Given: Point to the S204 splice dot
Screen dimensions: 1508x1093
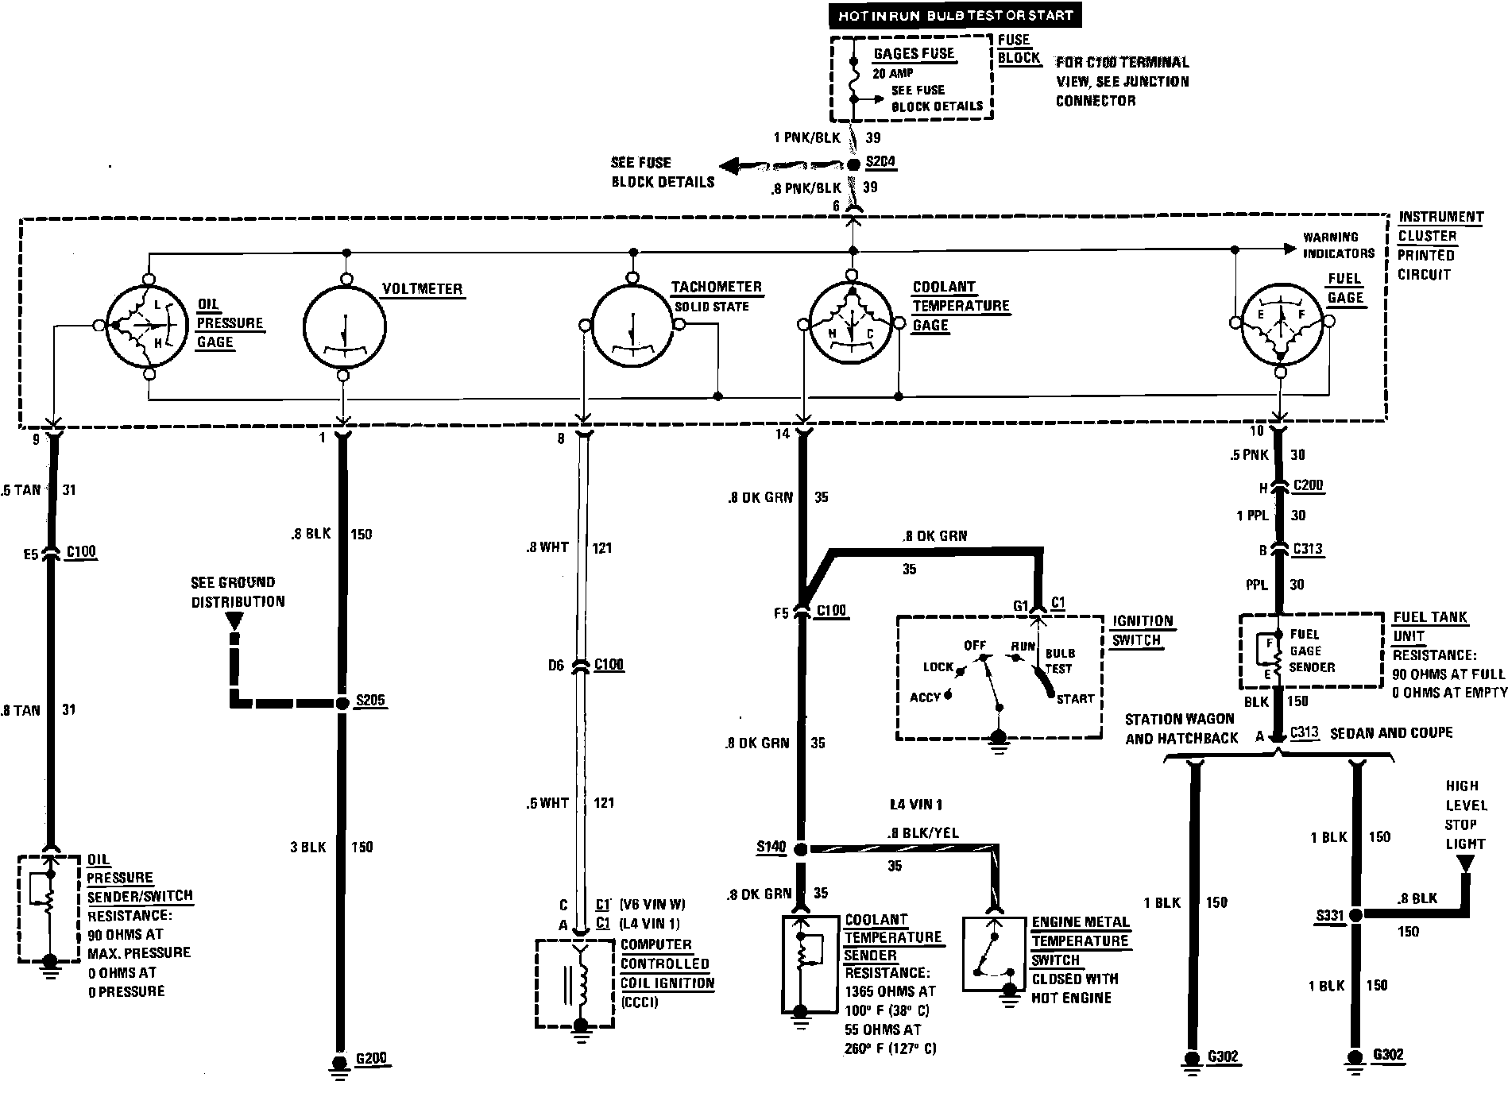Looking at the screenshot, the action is coord(853,164).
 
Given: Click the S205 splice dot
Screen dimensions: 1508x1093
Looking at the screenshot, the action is coord(342,703).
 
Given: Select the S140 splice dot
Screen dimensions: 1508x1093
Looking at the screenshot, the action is coord(801,849).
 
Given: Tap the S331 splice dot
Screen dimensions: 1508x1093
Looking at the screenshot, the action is coord(1355,915).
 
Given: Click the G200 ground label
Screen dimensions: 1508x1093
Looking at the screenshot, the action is coord(371,1059).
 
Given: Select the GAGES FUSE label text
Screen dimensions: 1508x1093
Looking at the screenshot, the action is coord(914,54).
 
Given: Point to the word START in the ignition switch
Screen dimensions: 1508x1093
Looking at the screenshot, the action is coord(1075,699).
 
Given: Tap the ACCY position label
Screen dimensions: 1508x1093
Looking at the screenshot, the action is coord(925,697).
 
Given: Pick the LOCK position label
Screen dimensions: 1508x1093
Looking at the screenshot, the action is coord(938,666).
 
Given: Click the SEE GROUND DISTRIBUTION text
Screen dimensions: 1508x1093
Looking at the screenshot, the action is coord(238,592).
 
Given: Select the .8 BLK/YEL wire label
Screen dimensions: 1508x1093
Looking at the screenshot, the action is coord(924,833).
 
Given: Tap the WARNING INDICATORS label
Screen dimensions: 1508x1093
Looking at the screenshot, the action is coord(1338,245).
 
